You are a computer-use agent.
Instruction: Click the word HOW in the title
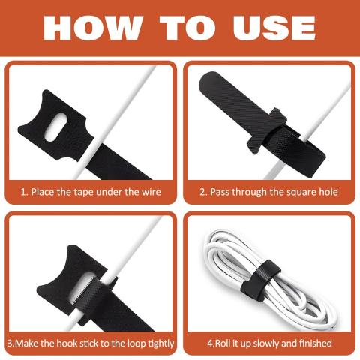pos(93,28)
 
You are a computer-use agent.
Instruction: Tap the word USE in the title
pos(274,28)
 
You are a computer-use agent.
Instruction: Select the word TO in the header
pos(187,28)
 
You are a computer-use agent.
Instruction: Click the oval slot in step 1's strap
pos(55,127)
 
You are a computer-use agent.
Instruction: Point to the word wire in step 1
pos(151,192)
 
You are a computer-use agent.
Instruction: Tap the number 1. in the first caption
pos(24,193)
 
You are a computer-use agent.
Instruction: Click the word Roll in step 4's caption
pos(223,343)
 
